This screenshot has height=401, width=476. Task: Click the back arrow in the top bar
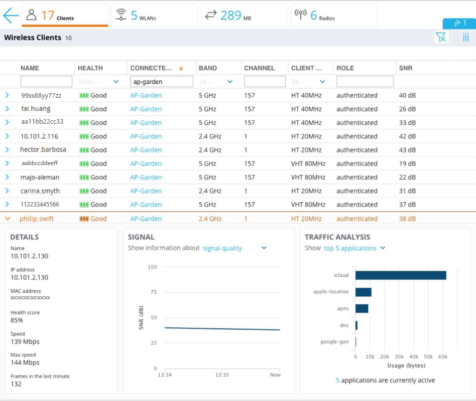coord(11,15)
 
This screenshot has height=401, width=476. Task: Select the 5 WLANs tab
coord(154,15)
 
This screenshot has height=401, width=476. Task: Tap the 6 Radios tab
coord(334,15)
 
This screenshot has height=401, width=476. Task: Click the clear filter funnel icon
coord(441,38)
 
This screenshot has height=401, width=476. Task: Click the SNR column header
coord(406,68)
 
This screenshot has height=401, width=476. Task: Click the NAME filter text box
coord(46,81)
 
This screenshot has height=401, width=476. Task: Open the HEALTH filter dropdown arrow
coord(116,81)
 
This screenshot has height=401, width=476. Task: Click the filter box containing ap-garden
coord(161,81)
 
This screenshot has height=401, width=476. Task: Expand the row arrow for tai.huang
coord(7,109)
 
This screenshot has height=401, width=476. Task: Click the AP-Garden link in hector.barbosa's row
coord(146,150)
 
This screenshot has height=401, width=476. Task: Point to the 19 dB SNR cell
coord(407,164)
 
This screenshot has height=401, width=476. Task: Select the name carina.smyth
coord(40,191)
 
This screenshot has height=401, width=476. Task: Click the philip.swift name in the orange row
coord(36,218)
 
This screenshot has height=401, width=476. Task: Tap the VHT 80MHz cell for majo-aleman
coord(308,177)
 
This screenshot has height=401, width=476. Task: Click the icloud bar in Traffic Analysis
coord(401,275)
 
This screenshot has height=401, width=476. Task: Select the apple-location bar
coord(363,292)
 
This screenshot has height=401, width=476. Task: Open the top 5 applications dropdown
coord(355,248)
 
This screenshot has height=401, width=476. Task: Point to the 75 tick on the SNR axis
coord(154,292)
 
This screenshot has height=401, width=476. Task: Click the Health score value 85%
coord(17,320)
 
